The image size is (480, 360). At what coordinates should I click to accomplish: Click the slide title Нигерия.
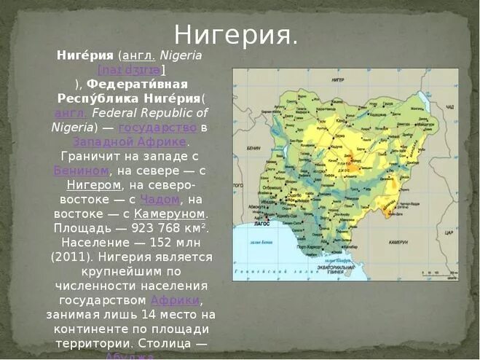click(236, 35)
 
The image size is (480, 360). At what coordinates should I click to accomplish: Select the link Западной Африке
click(130, 141)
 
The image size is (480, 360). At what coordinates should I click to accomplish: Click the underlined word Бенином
click(81, 171)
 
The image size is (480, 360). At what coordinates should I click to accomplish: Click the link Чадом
click(159, 199)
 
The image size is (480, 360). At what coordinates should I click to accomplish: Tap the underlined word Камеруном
click(170, 214)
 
